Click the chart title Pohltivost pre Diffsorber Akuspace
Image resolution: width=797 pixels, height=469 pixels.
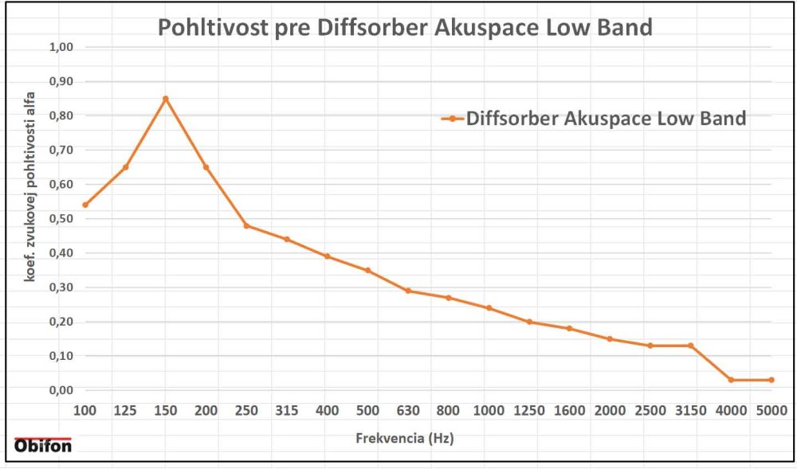click(405, 28)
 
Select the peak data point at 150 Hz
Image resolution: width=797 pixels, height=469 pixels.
click(166, 99)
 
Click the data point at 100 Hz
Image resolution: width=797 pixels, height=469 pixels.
click(85, 205)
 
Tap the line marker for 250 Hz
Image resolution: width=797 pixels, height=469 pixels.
click(246, 225)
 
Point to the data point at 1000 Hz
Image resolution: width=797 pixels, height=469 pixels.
click(489, 308)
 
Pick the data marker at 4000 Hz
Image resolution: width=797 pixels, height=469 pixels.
click(731, 380)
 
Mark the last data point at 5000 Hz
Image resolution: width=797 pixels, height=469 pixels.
click(771, 380)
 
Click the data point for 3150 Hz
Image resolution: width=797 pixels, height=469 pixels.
click(690, 346)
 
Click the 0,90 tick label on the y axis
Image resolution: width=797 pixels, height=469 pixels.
click(61, 81)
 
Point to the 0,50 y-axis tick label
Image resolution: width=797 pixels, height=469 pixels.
click(61, 218)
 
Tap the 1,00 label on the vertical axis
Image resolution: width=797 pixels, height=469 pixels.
click(61, 47)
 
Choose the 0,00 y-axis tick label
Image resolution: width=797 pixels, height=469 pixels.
click(61, 390)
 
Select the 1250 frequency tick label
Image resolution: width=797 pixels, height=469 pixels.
click(529, 410)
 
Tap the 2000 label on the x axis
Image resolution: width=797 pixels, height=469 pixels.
click(610, 410)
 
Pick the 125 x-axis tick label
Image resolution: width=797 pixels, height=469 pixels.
click(125, 410)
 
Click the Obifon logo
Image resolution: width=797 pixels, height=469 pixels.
click(43, 445)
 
